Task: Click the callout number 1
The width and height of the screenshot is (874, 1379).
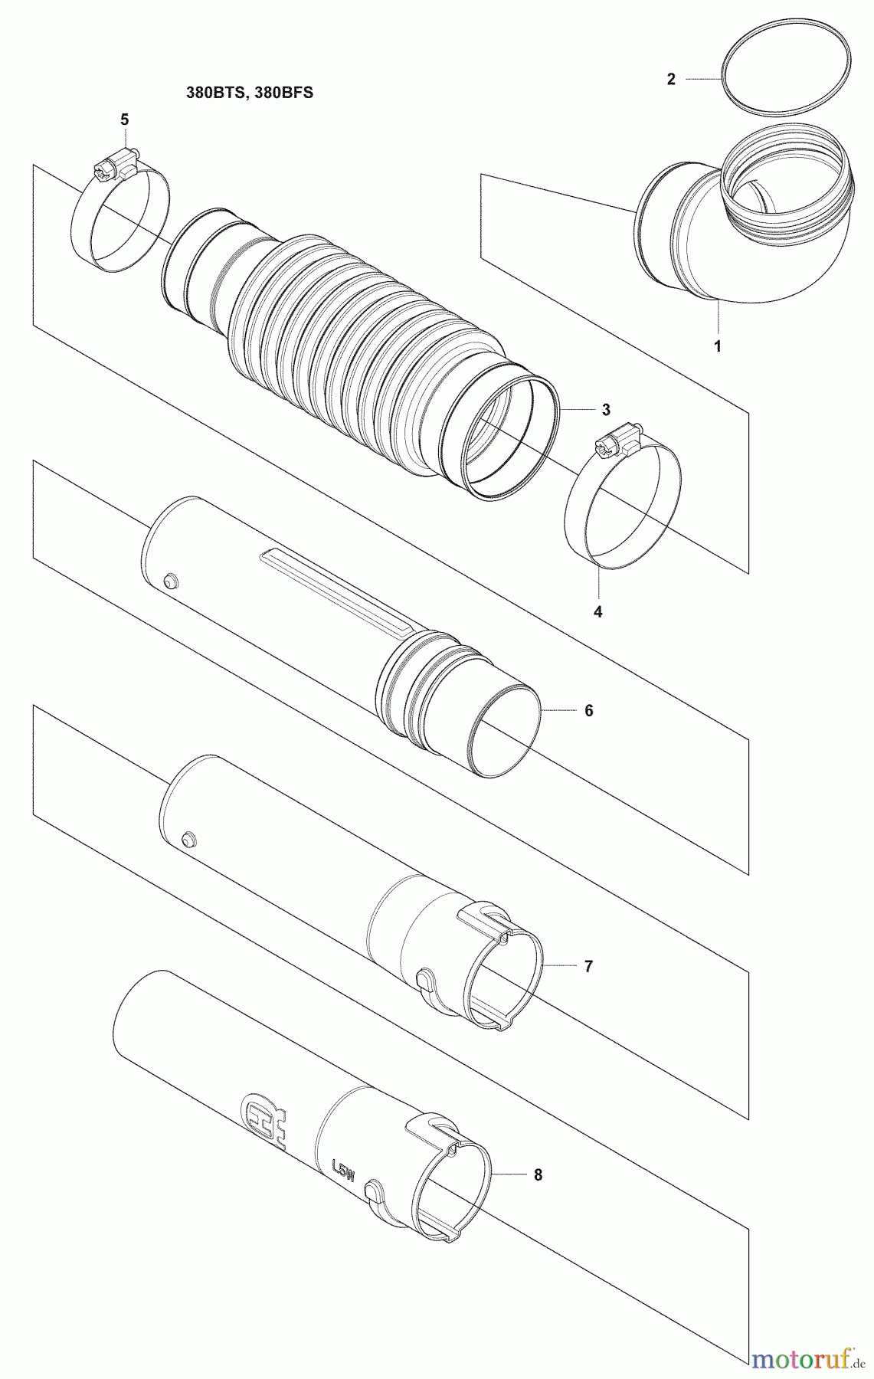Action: (x=718, y=346)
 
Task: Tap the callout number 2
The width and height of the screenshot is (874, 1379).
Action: (x=671, y=79)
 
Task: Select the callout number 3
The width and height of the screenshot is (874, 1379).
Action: (x=606, y=410)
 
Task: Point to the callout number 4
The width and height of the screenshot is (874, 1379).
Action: (x=598, y=611)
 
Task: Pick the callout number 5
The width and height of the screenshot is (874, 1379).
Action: (x=124, y=120)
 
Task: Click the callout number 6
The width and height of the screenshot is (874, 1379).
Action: (x=589, y=711)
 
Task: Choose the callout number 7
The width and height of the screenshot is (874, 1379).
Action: (x=588, y=967)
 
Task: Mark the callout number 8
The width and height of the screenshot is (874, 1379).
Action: (x=538, y=1175)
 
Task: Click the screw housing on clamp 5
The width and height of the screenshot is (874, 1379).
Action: (x=114, y=163)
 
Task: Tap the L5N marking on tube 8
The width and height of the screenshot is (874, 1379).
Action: (x=339, y=1171)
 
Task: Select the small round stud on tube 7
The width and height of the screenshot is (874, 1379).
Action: (x=187, y=837)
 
